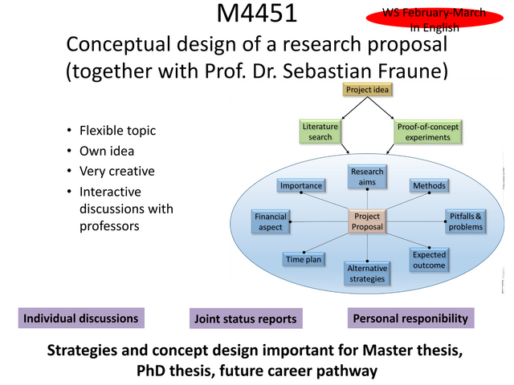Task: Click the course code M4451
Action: tap(257, 13)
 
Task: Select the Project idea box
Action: tap(367, 89)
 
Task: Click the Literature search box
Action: tap(320, 132)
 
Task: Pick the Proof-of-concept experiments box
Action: tap(427, 132)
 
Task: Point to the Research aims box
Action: tap(367, 176)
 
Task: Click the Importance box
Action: tap(301, 185)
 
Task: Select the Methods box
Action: tap(429, 185)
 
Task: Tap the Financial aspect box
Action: tap(271, 221)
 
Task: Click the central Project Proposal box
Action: tap(367, 221)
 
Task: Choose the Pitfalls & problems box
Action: tap(466, 221)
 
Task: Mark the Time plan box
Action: tap(304, 259)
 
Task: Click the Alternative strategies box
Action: tap(367, 274)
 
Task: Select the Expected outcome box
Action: tap(429, 260)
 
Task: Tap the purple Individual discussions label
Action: tap(81, 318)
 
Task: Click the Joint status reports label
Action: tap(246, 318)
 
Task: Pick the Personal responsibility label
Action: tap(410, 318)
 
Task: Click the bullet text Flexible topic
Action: tap(118, 131)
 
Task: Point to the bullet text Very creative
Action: tap(117, 171)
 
